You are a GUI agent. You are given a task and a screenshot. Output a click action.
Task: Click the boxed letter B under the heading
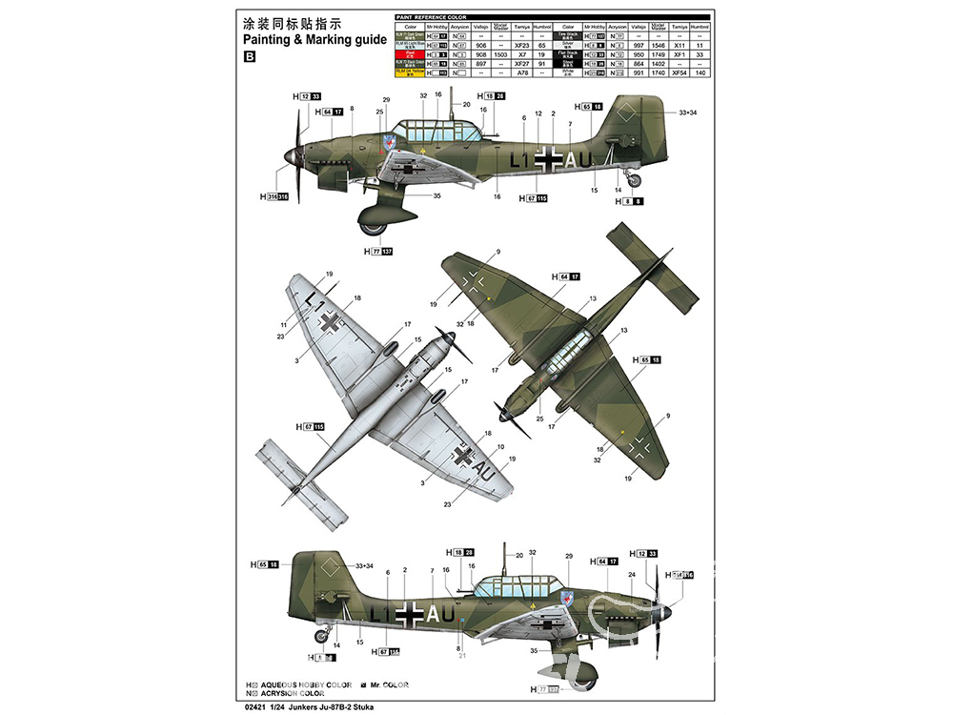coord(251,57)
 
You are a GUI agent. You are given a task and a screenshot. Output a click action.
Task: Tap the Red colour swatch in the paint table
coord(410,54)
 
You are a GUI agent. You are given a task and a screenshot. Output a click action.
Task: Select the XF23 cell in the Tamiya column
coord(520,45)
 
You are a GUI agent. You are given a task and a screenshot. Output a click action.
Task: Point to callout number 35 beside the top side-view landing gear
coord(437,196)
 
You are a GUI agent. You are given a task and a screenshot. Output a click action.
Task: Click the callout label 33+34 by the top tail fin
coord(688,112)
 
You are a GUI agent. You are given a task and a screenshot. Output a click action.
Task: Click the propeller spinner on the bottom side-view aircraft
coord(668,610)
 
